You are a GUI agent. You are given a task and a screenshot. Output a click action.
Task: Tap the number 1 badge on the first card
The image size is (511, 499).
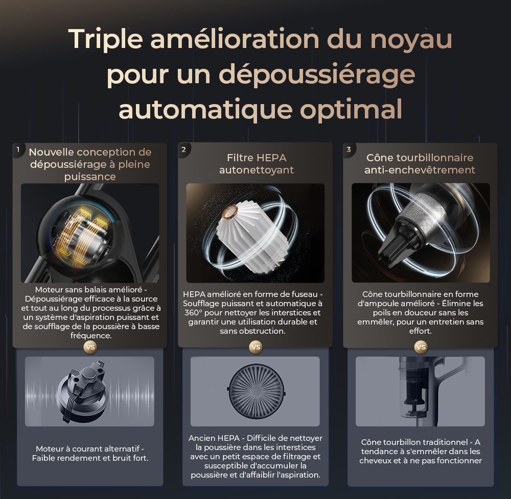(18, 149)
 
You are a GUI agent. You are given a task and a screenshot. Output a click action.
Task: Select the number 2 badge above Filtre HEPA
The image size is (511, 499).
(183, 149)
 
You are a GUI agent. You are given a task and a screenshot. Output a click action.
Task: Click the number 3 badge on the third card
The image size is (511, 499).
(349, 149)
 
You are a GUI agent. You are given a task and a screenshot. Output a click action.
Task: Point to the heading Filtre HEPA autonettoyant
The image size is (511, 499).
(256, 164)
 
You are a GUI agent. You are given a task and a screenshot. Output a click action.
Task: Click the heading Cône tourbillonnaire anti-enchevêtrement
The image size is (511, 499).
(420, 164)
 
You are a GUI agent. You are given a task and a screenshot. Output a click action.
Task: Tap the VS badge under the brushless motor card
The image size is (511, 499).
(90, 347)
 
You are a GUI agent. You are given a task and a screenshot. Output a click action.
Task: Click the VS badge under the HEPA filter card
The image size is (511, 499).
(255, 347)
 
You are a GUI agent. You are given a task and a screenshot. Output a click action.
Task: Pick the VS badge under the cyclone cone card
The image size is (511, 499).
(421, 347)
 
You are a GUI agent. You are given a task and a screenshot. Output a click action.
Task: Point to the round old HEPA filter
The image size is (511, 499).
(254, 391)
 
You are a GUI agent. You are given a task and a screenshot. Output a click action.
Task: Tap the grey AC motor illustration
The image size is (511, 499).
(88, 391)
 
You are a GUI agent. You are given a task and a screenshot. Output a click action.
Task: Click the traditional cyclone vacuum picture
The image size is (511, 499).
(420, 391)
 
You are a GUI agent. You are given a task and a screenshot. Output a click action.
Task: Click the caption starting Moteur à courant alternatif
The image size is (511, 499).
(90, 453)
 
